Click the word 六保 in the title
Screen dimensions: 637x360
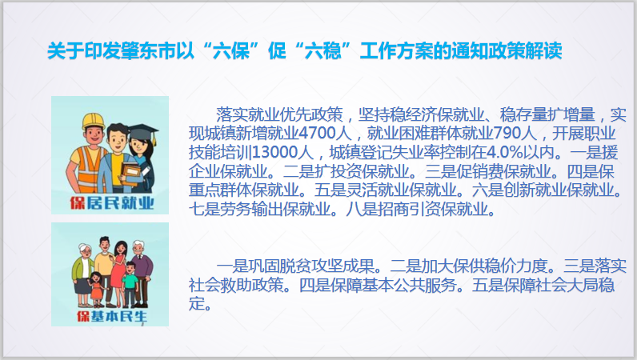231,52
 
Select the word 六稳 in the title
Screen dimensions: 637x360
323,52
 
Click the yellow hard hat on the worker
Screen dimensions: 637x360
93,121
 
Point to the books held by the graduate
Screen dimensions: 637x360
130,174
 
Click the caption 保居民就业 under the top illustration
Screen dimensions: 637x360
112,202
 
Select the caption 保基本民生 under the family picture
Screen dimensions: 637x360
112,316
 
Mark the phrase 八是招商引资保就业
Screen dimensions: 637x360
420,210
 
